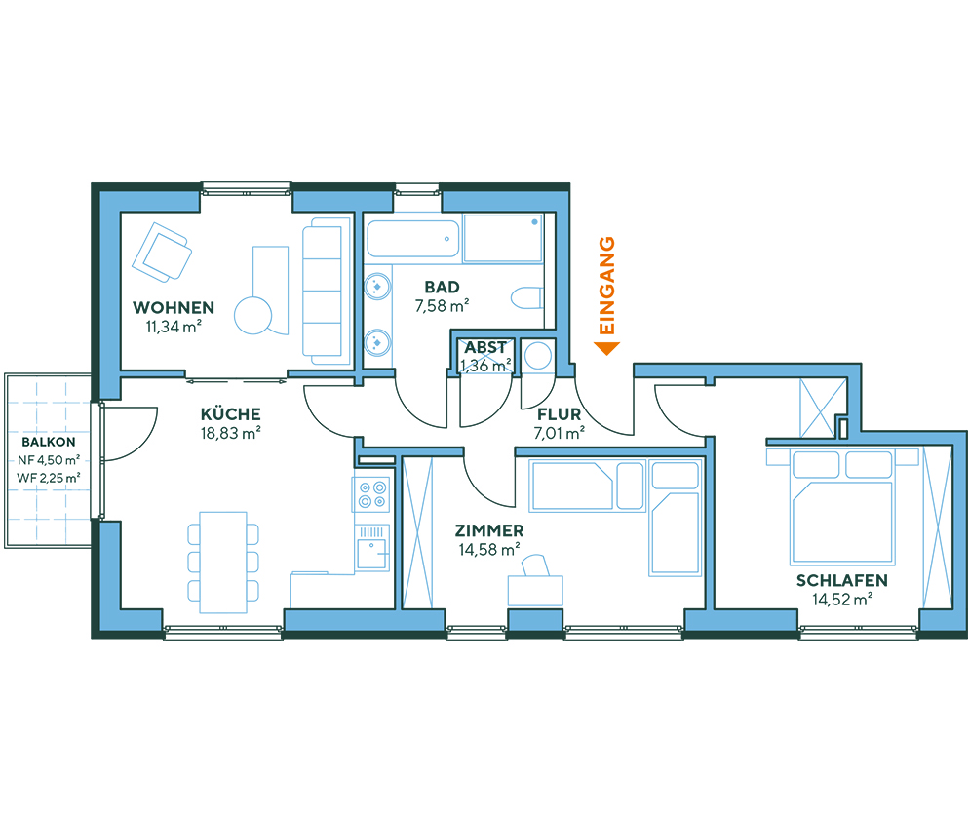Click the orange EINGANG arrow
pyautogui.click(x=607, y=347)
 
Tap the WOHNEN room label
pyautogui.click(x=174, y=308)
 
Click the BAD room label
pyautogui.click(x=442, y=287)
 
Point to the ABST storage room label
pyautogui.click(x=484, y=348)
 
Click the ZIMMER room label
pyautogui.click(x=488, y=530)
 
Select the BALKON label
pyautogui.click(x=49, y=442)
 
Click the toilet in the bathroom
pyautogui.click(x=527, y=297)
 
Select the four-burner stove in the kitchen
pyautogui.click(x=371, y=495)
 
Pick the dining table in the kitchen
pyautogui.click(x=223, y=561)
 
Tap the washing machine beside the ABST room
pyautogui.click(x=536, y=357)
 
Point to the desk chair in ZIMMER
pyautogui.click(x=535, y=565)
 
